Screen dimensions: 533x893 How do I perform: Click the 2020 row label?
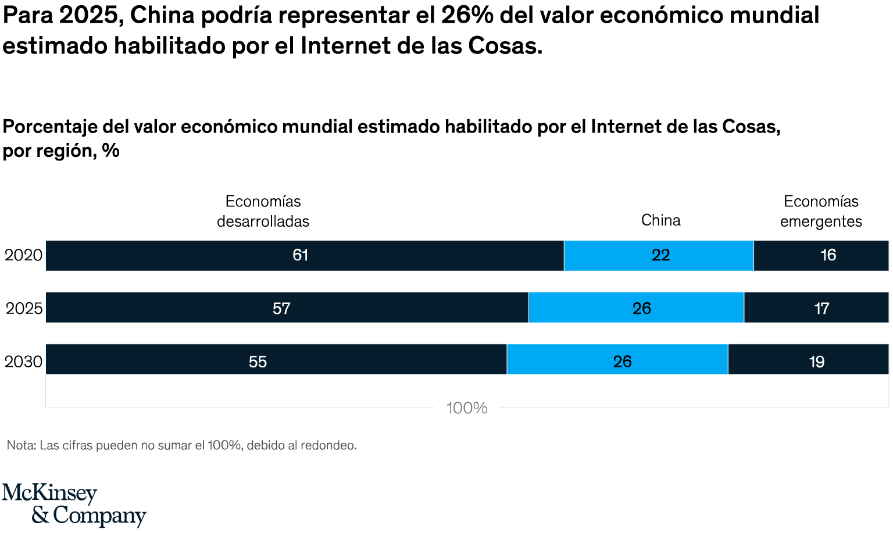[23, 255]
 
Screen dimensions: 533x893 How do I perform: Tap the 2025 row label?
[24, 308]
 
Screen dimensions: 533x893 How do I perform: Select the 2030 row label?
[23, 362]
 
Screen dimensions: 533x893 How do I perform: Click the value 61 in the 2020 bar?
[300, 255]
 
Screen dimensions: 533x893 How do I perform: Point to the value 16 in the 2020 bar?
[828, 255]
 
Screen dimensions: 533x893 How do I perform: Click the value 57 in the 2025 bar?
[281, 308]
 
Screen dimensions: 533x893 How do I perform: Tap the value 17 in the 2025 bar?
[821, 308]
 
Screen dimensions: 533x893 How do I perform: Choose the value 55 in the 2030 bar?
[258, 362]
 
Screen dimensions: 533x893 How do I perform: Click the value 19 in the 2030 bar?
[816, 362]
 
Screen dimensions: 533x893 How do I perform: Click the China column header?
[660, 220]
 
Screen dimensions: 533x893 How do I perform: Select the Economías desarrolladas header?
[263, 211]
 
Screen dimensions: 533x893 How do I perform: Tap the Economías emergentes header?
[821, 211]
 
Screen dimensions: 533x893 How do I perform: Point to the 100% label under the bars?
[467, 408]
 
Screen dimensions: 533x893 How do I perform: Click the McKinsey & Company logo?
[74, 505]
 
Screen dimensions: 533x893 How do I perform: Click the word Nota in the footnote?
[20, 445]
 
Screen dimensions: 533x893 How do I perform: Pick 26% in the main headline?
[467, 16]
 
